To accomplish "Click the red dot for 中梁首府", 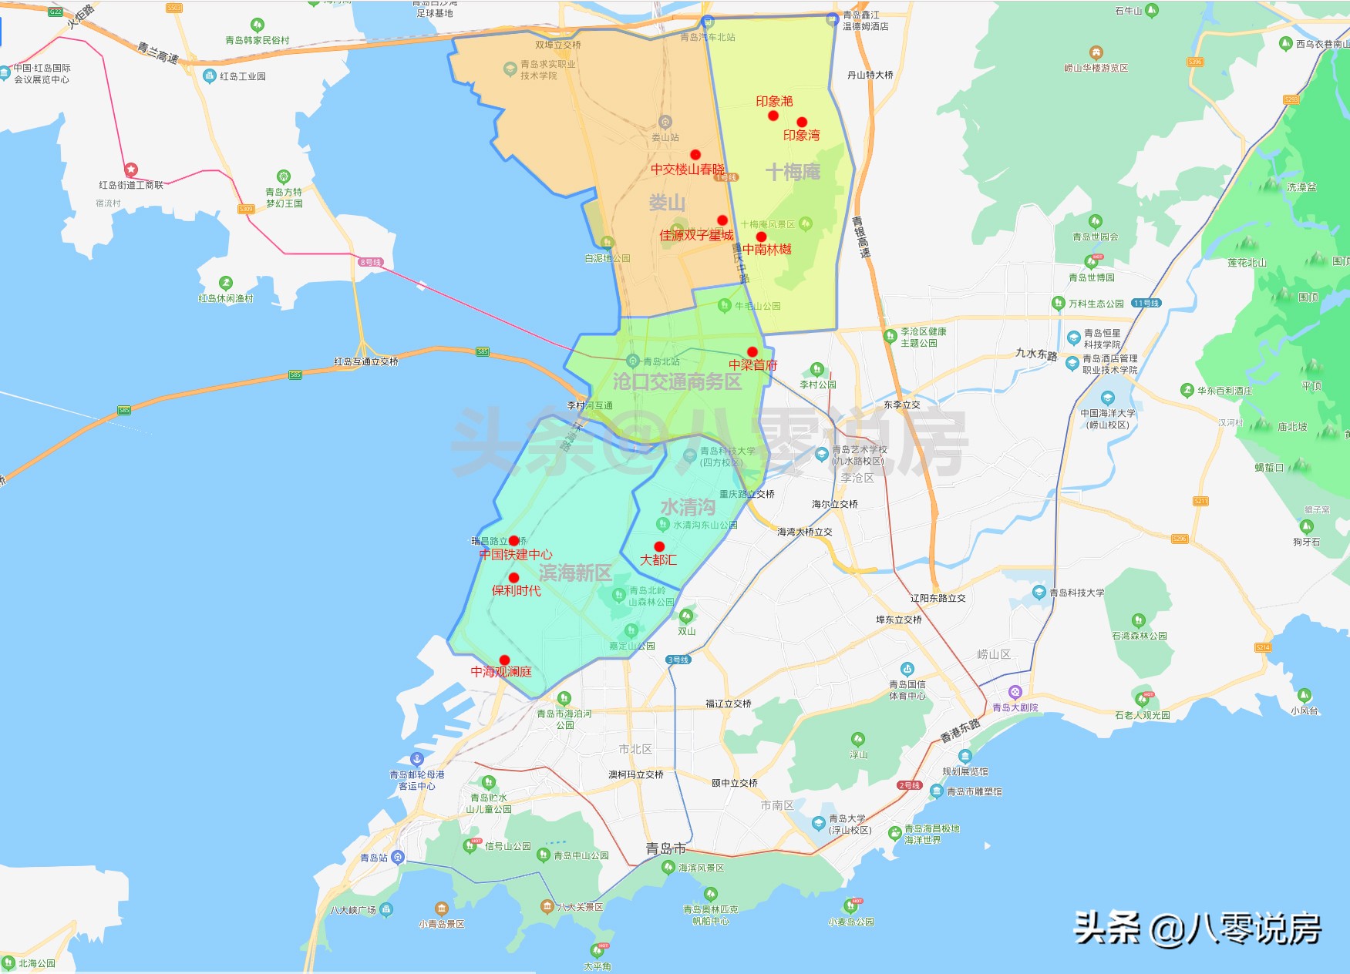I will (x=752, y=352).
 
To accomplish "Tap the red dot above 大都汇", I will (x=659, y=546).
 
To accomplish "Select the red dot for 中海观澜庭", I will (x=504, y=660).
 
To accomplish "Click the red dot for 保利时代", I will (x=514, y=578).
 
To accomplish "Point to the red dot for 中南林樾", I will (x=762, y=237).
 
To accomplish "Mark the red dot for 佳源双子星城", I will (x=722, y=220).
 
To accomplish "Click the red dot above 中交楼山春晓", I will (x=695, y=155).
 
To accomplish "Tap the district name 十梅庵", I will (x=793, y=172).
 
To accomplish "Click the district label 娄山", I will (x=667, y=203).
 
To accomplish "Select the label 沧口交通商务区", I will (x=677, y=381).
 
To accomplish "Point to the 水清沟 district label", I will (x=688, y=507).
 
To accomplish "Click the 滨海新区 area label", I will (x=575, y=573).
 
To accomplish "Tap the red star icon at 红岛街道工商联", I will (x=131, y=170).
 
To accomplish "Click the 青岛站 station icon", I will (x=398, y=857).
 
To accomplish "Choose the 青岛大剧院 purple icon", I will (x=1015, y=693).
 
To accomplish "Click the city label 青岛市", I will (x=665, y=848).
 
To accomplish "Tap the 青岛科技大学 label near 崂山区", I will (x=1076, y=593).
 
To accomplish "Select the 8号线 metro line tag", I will (x=371, y=262).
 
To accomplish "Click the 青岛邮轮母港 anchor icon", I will (x=417, y=759).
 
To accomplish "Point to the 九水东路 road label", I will (x=1036, y=354).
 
